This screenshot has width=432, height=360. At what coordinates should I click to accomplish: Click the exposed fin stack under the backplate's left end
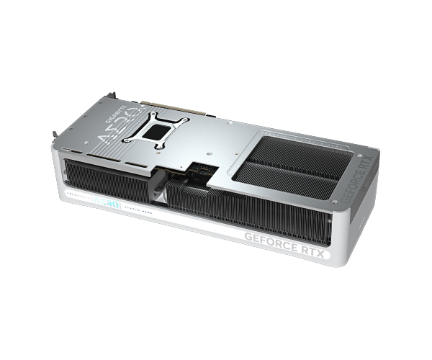101,176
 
